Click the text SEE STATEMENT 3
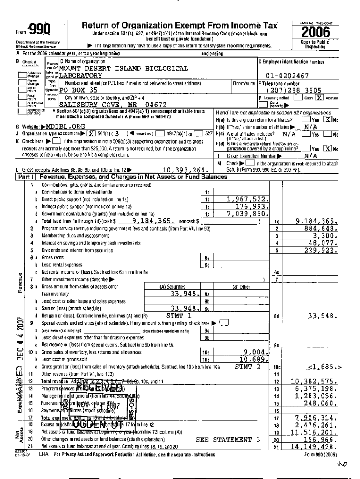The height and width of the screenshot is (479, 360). pos(228,439)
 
